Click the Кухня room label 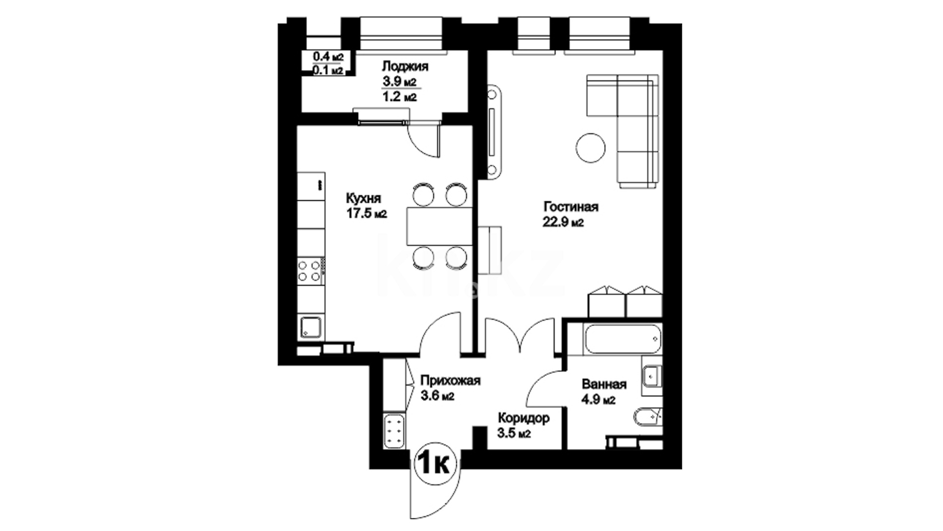point(363,198)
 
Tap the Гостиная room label point(571,206)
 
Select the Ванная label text point(604,384)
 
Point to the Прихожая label point(450,381)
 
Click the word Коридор point(524,418)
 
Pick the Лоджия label point(405,66)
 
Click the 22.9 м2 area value point(563,223)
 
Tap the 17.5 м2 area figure point(366,214)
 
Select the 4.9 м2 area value point(598,400)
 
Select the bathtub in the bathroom point(623,339)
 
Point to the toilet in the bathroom point(647,417)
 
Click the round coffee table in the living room point(591,148)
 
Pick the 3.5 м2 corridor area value point(514,434)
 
